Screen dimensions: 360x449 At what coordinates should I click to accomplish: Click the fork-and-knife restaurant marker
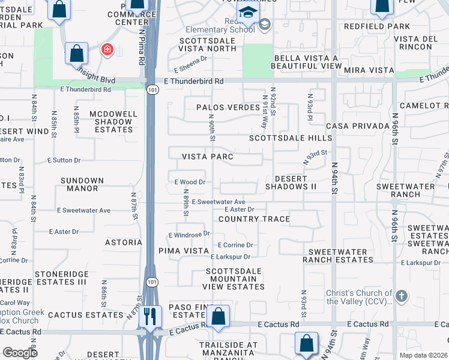[x=150, y=316]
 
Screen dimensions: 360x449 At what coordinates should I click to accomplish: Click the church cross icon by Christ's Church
[x=402, y=296]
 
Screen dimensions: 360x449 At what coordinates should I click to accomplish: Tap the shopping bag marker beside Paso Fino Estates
[x=219, y=316]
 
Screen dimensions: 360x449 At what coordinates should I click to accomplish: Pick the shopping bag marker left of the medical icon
[x=77, y=53]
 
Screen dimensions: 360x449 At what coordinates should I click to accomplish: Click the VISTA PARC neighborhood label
[x=207, y=156]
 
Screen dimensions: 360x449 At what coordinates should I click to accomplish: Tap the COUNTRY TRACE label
[x=254, y=219]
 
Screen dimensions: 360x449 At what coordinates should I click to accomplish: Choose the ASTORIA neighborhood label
[x=124, y=242]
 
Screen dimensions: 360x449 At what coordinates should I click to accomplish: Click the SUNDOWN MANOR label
[x=82, y=184]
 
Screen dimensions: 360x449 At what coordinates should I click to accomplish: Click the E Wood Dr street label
[x=190, y=182]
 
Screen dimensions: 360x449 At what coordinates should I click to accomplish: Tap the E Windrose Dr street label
[x=188, y=234]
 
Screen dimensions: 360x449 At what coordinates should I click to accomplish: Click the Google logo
[x=20, y=353]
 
